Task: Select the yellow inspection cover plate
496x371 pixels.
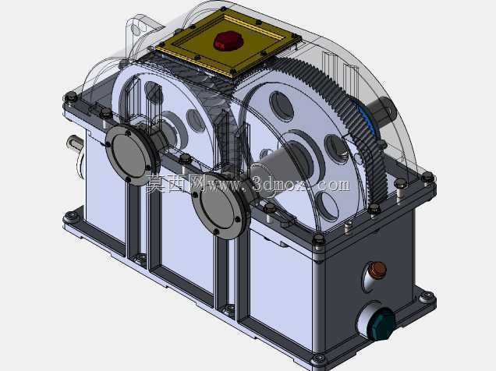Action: click(228, 42)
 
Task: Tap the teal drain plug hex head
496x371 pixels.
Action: click(382, 324)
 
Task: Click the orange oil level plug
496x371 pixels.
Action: click(378, 270)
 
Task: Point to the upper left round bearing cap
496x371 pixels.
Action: click(130, 155)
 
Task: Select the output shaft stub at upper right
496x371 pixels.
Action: click(384, 109)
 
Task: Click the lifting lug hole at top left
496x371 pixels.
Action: click(136, 29)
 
